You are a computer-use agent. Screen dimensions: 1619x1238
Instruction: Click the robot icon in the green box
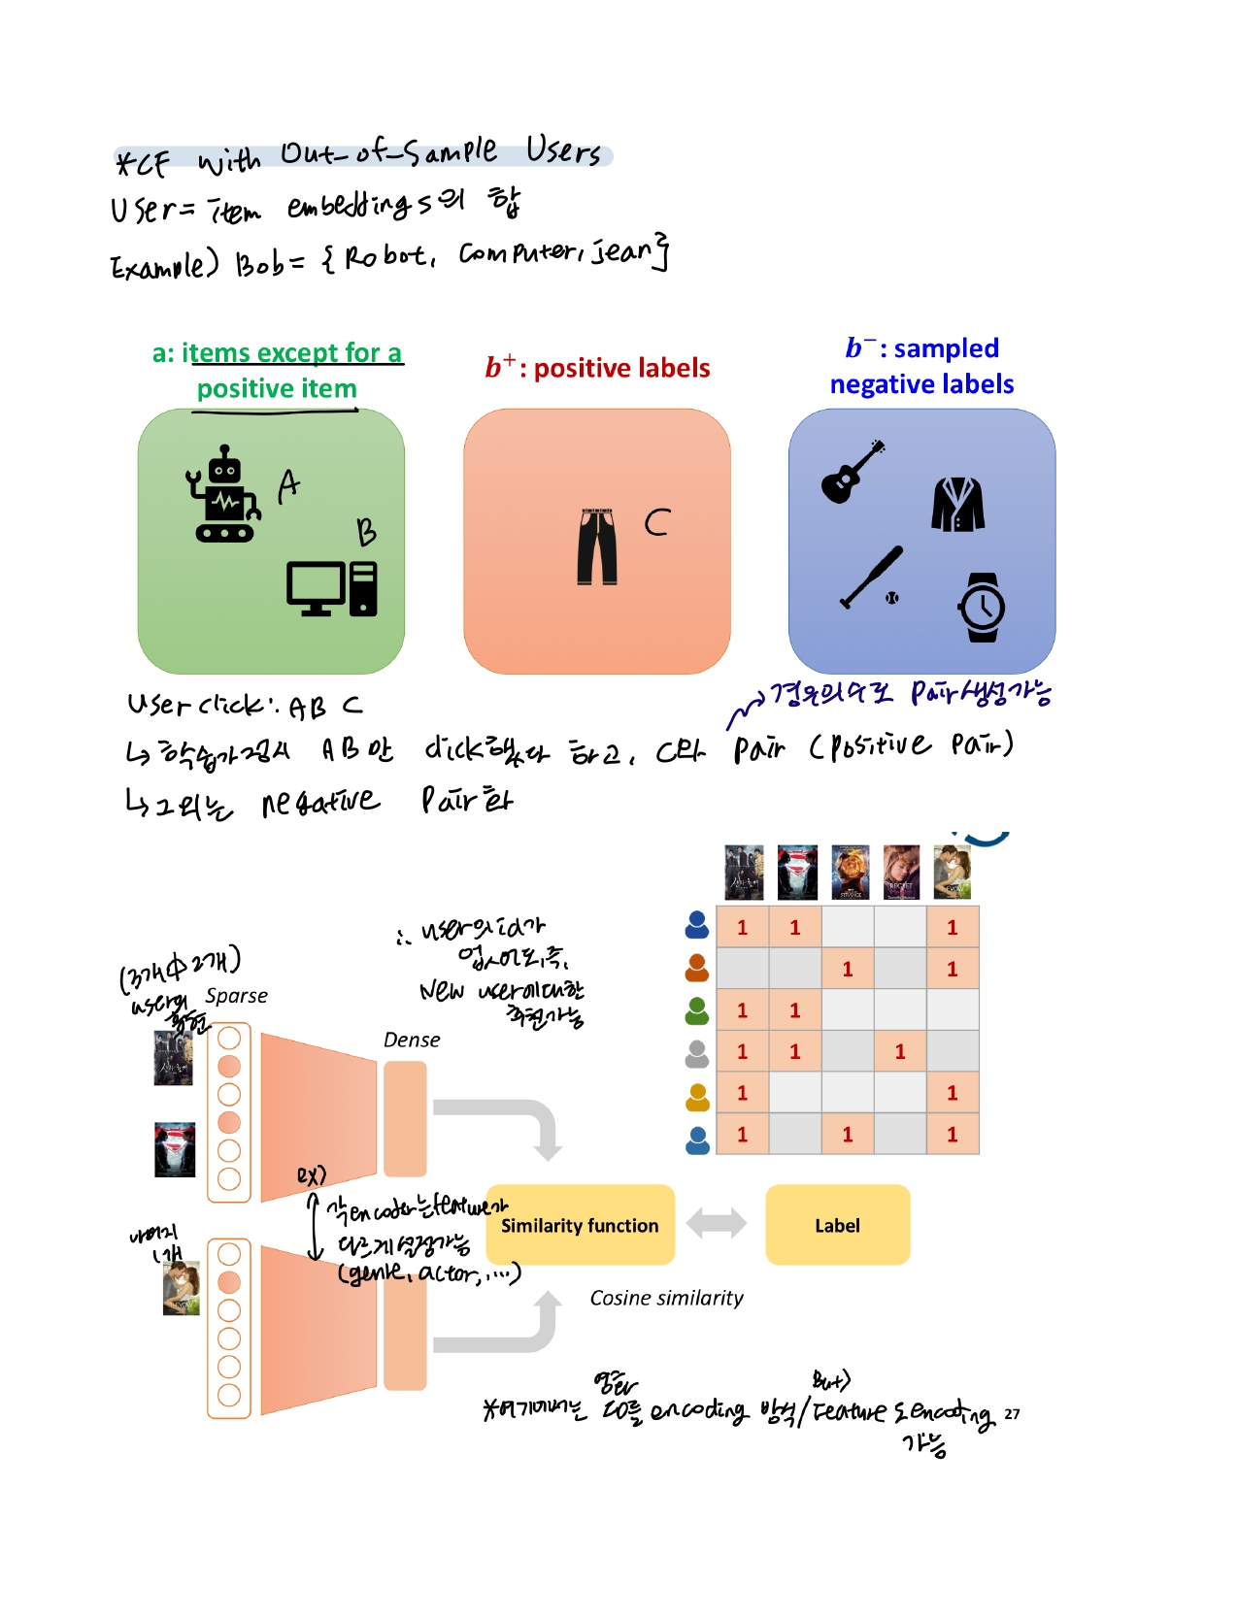pyautogui.click(x=224, y=494)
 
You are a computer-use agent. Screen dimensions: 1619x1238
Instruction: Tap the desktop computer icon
pyautogui.click(x=331, y=587)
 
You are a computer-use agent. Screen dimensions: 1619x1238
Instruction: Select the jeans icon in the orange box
pyautogui.click(x=597, y=546)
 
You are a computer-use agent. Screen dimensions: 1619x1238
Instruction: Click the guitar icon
pyautogui.click(x=852, y=472)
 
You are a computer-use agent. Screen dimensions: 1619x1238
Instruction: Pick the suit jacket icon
pyautogui.click(x=957, y=504)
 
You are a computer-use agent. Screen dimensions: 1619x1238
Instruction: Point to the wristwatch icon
pyautogui.click(x=982, y=608)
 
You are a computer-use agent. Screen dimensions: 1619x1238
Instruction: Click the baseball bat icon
pyautogui.click(x=871, y=577)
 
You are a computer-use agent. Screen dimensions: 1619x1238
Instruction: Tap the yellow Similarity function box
pyautogui.click(x=580, y=1225)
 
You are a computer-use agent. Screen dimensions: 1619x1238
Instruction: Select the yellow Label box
pyautogui.click(x=837, y=1225)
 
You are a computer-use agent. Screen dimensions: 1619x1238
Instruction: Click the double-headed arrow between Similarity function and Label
pyautogui.click(x=717, y=1223)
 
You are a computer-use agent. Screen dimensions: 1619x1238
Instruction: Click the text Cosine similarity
pyautogui.click(x=666, y=1298)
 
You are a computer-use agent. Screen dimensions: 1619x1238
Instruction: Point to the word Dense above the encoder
pyautogui.click(x=412, y=1040)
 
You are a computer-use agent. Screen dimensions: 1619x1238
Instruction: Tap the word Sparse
pyautogui.click(x=236, y=996)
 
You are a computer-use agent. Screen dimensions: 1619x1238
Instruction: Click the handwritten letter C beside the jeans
pyautogui.click(x=657, y=522)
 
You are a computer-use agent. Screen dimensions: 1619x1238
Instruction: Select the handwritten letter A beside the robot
pyautogui.click(x=288, y=485)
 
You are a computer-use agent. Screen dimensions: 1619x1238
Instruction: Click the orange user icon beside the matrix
pyautogui.click(x=697, y=968)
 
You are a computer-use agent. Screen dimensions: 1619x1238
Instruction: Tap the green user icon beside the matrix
pyautogui.click(x=697, y=1010)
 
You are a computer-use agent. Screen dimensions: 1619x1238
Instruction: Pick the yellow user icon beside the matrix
pyautogui.click(x=697, y=1096)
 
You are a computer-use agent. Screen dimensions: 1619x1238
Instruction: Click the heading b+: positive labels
pyautogui.click(x=597, y=368)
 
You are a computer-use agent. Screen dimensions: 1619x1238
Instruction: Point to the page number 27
pyautogui.click(x=1012, y=1413)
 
